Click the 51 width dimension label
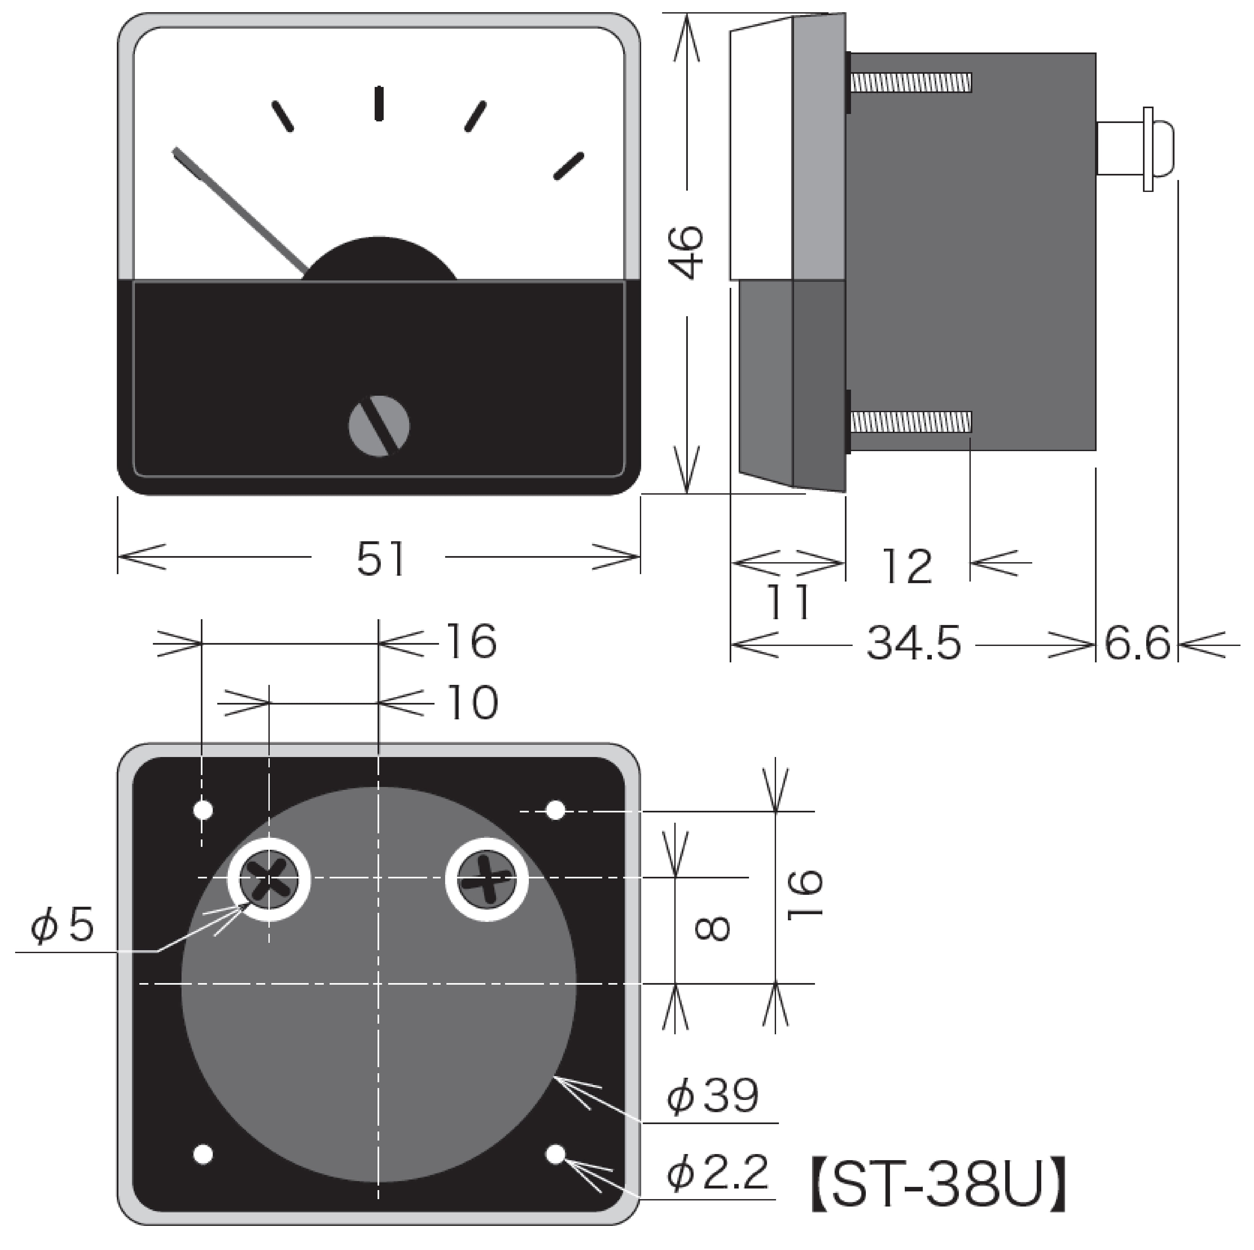click(x=381, y=559)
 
